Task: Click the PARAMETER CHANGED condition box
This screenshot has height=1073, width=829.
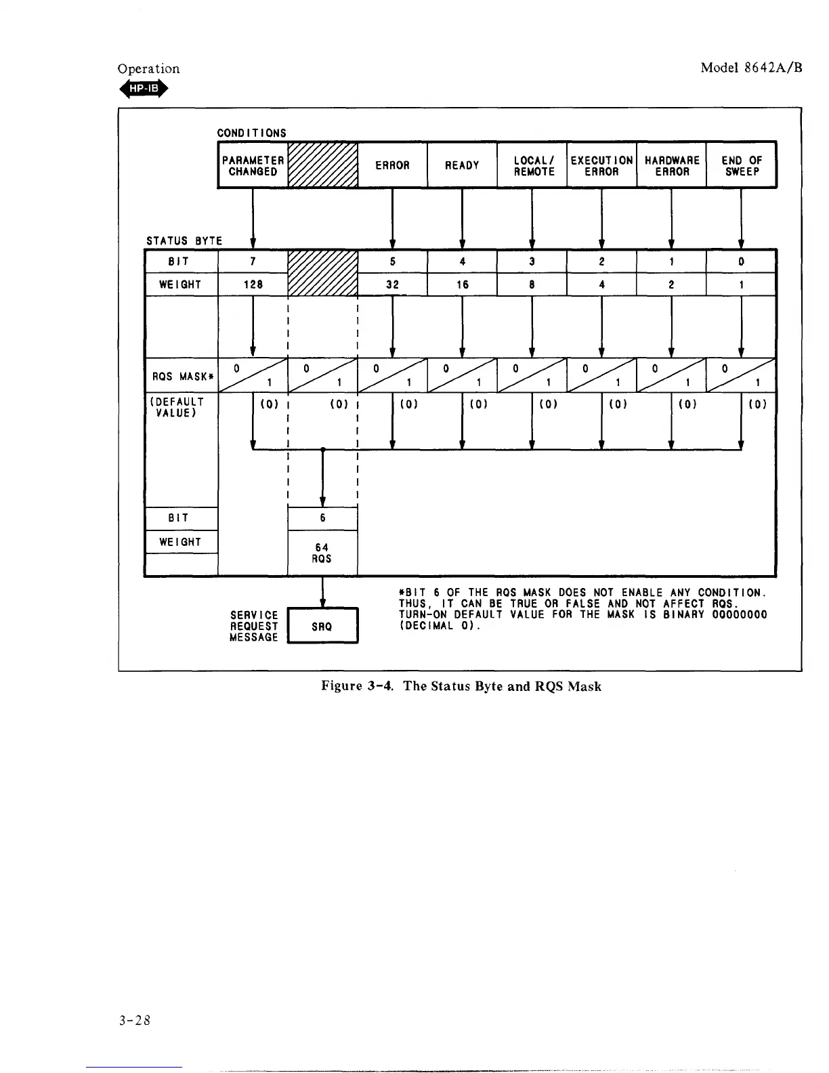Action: click(x=253, y=165)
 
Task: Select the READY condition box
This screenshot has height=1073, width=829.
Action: click(x=462, y=165)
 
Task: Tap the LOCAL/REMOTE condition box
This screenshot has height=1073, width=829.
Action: click(x=532, y=165)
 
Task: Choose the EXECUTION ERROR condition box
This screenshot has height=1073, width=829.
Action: click(x=602, y=165)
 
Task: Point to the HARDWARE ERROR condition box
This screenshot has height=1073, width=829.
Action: click(x=672, y=165)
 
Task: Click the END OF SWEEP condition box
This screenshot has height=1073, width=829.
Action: click(x=742, y=165)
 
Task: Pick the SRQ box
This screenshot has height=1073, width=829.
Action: click(x=322, y=627)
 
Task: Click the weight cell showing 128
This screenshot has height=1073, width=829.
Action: click(x=253, y=285)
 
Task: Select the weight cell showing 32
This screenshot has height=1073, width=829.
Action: click(x=393, y=285)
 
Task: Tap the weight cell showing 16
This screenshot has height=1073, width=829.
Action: click(x=462, y=285)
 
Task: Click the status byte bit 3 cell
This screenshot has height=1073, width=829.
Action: click(x=532, y=261)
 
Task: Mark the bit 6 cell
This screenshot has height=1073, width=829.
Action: click(x=322, y=518)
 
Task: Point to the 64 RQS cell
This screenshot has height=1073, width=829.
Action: click(x=322, y=553)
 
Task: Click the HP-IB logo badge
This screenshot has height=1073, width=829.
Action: click(x=143, y=88)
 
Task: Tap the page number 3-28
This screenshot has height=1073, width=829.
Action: click(x=133, y=1020)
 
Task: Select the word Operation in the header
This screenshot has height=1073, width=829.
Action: click(x=148, y=68)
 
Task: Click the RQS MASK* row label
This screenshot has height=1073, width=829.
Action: click(x=181, y=377)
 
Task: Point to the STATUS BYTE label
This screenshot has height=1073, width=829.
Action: click(x=184, y=240)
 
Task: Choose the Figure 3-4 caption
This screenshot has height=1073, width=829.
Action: click(x=461, y=686)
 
